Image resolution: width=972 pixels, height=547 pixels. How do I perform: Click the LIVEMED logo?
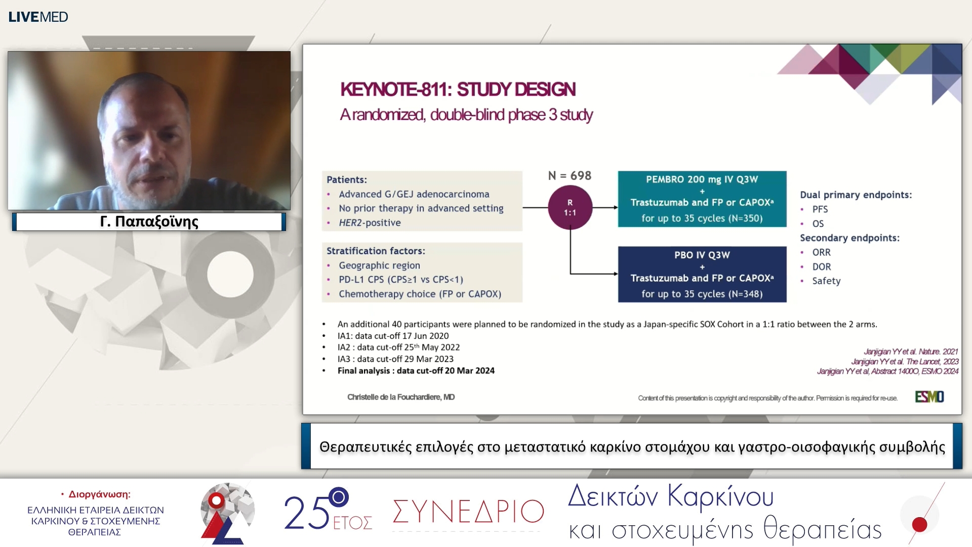coord(38,17)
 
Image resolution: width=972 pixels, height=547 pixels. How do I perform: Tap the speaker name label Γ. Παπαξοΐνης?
coord(149,222)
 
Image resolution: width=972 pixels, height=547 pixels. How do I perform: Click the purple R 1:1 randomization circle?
coord(570,208)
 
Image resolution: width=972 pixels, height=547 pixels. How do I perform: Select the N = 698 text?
coord(570,176)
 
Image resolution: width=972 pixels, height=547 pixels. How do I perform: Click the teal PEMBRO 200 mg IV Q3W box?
coord(702,199)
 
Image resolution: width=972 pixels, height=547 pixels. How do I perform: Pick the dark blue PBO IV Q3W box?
coord(702,274)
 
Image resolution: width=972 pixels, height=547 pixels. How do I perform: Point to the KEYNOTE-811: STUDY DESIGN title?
coord(458,90)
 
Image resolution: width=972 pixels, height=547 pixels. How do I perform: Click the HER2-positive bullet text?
coord(370,223)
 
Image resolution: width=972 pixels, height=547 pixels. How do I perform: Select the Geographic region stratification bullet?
coord(379,265)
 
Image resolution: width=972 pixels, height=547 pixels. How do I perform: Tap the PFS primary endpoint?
coord(820,209)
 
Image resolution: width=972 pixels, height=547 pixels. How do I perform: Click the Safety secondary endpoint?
coord(826,281)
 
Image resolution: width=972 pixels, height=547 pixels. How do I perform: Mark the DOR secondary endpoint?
coord(821,267)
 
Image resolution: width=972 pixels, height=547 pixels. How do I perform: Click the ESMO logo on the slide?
coord(929,397)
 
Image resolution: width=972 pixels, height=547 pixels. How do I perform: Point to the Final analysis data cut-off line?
coord(416,371)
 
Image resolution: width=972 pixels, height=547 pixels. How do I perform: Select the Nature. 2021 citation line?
coord(910,351)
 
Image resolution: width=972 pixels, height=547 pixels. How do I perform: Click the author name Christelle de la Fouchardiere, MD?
coord(400,397)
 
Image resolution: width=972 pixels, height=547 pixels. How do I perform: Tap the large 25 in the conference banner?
coord(306,513)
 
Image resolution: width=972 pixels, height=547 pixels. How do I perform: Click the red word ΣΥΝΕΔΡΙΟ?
coord(468,512)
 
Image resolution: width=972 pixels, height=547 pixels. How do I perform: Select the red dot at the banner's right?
coord(919,524)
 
